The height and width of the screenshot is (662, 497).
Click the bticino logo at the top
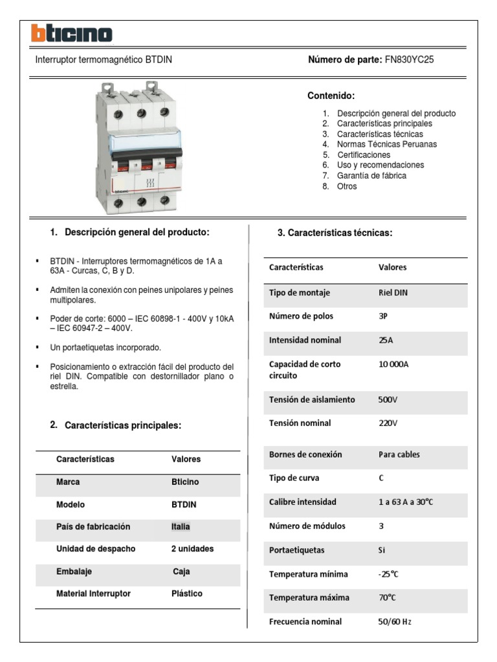pos(72,34)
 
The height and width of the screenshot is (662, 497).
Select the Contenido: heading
pos(331,96)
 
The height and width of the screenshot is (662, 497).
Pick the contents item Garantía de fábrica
pos(371,175)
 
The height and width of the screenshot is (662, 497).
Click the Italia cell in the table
pos(181,527)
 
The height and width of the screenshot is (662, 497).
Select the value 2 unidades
pos(192,549)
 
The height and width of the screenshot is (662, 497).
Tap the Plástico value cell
pos(186,593)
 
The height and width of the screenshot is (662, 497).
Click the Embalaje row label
pos(74,571)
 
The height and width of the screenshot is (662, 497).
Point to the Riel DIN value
pos(393,292)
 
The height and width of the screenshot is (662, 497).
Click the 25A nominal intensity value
pos(386,340)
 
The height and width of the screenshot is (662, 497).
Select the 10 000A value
pos(393,364)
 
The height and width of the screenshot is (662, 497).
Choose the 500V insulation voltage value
pos(388,400)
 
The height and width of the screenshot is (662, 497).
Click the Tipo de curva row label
pos(294,478)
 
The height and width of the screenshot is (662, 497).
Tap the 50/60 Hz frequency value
pos(395,622)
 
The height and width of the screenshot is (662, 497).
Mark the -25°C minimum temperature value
pos(388,574)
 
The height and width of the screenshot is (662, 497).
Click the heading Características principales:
pos(123,426)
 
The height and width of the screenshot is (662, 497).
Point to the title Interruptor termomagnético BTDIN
pos(103,59)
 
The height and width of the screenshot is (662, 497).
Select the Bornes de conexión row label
pos(305,454)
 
